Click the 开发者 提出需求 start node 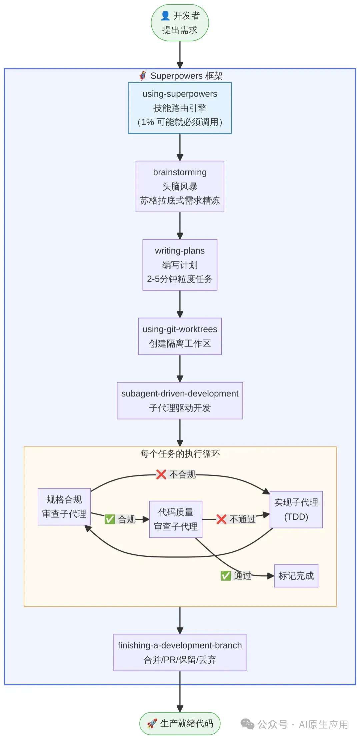180,23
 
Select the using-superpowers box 180,108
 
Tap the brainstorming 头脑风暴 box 180,186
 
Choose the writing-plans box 180,265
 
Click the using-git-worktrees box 180,336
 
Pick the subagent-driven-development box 180,400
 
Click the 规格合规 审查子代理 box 64,506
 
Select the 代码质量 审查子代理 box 176,519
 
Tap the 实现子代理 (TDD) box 296,509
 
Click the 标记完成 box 296,576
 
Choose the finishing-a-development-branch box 180,652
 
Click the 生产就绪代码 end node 180,723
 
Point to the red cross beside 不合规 161,474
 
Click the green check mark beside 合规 110,519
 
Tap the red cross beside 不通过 221,519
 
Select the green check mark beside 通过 226,576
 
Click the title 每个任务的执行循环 180,454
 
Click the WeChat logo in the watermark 247,724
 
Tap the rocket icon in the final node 152,723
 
